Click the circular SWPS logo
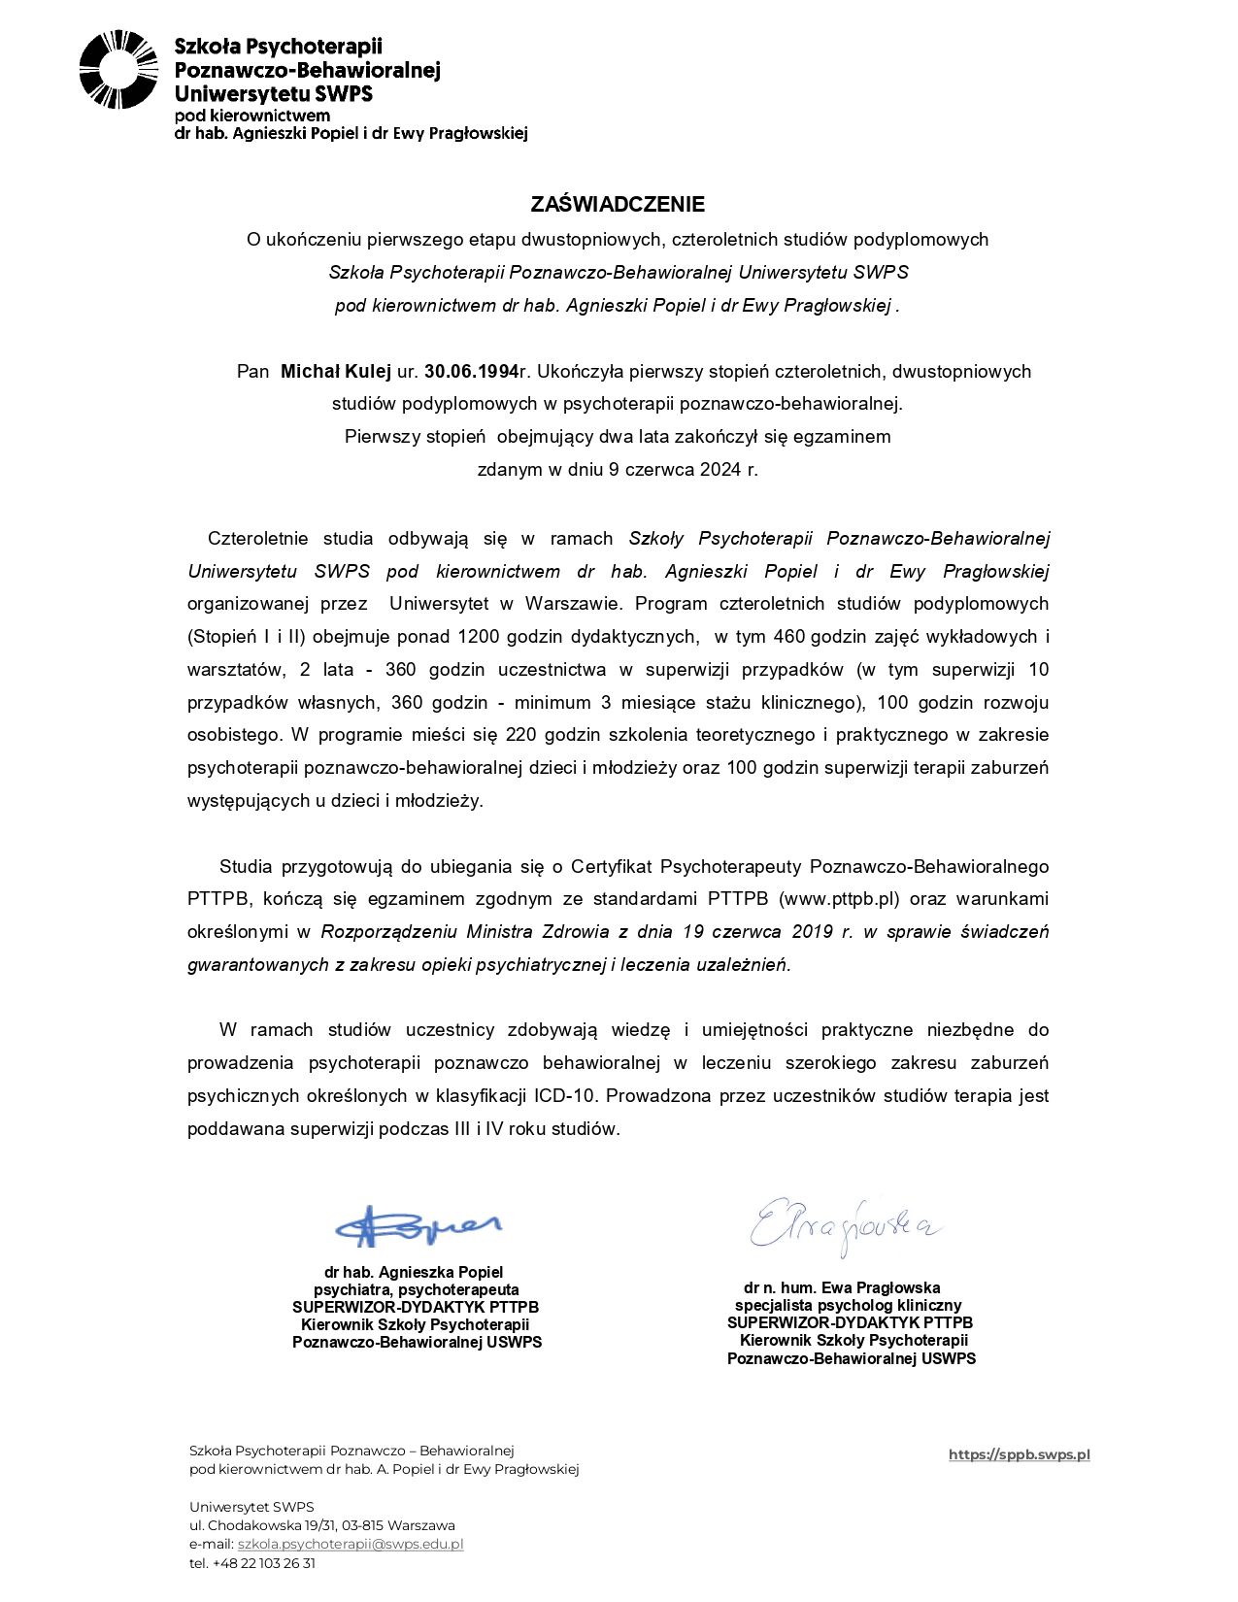(x=118, y=69)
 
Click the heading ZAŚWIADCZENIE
(x=618, y=205)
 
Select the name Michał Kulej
(x=335, y=372)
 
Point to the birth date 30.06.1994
(x=471, y=372)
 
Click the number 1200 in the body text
(x=477, y=637)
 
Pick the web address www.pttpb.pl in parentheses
(x=839, y=899)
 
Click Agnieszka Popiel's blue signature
(x=418, y=1227)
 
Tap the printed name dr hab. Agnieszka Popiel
(x=414, y=1272)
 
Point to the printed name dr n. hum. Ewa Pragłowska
(x=842, y=1288)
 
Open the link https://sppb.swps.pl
(x=1019, y=1454)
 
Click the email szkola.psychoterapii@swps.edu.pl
(x=351, y=1544)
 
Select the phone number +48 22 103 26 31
(x=263, y=1563)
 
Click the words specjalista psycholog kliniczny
(x=848, y=1306)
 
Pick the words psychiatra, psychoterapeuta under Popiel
(x=416, y=1289)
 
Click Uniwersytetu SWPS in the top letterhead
(x=273, y=94)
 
